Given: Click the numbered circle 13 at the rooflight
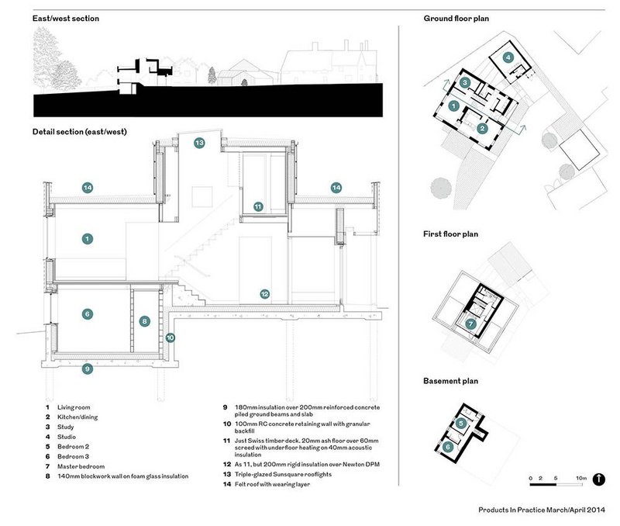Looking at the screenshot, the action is click(x=199, y=143).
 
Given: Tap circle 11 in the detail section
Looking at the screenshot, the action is click(x=258, y=206).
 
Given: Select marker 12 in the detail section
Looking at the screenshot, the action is click(x=264, y=294).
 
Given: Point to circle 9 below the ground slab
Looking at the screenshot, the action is click(x=88, y=369).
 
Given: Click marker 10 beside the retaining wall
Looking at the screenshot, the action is click(x=170, y=337).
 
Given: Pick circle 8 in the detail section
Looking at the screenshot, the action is click(x=144, y=321).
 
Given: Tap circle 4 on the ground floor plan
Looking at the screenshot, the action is click(x=508, y=57).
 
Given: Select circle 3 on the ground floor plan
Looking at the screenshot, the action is click(x=465, y=83).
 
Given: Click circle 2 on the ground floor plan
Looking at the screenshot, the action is click(x=482, y=129).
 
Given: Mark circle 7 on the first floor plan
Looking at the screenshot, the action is click(x=470, y=324).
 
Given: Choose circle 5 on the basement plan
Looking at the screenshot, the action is click(x=461, y=424).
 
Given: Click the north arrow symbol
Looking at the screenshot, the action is click(x=598, y=479).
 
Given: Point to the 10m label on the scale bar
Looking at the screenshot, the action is click(x=580, y=478).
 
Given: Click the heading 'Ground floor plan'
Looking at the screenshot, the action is click(x=456, y=19).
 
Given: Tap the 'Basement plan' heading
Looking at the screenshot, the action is click(x=451, y=381).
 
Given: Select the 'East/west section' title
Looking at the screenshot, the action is click(x=66, y=19).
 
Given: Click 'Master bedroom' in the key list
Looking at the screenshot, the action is click(x=81, y=466).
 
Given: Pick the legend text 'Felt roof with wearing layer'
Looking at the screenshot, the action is click(x=273, y=484).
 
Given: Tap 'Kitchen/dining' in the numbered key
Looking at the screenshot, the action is click(x=77, y=417).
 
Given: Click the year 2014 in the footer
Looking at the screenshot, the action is click(x=596, y=510).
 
